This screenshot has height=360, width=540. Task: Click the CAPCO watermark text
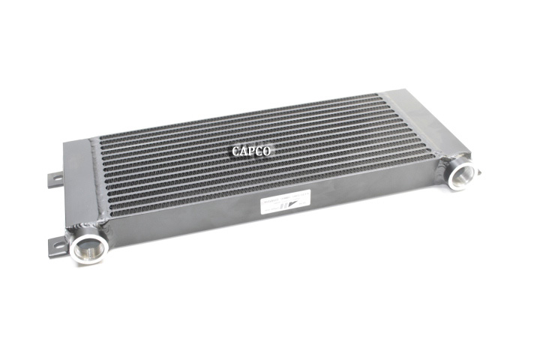tap(251, 151)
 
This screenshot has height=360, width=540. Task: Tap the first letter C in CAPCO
tap(235, 151)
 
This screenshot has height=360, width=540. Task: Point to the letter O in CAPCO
tap(268, 151)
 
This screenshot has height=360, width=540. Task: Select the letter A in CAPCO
tap(244, 151)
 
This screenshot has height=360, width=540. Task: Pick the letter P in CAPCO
tap(252, 151)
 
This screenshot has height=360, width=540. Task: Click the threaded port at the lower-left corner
tap(89, 248)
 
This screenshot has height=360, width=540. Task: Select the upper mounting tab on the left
tap(55, 179)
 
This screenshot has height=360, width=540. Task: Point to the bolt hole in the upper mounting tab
tap(54, 179)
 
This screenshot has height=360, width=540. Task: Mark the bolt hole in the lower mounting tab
tap(55, 245)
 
